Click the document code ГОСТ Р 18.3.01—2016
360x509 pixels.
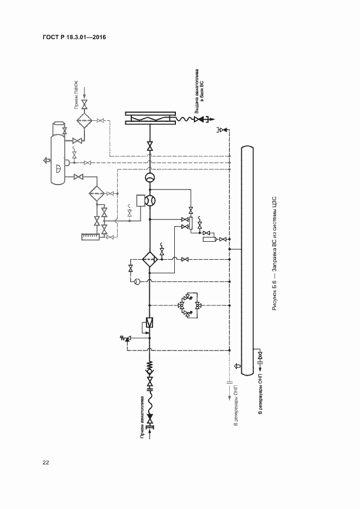point(74,37)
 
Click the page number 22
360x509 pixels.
point(46,463)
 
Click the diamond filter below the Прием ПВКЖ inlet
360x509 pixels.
point(84,120)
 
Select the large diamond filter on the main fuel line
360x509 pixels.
point(149,259)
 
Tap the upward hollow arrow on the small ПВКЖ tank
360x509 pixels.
point(45,161)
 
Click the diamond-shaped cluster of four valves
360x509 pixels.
point(190,305)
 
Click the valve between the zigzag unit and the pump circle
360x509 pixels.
point(150,146)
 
